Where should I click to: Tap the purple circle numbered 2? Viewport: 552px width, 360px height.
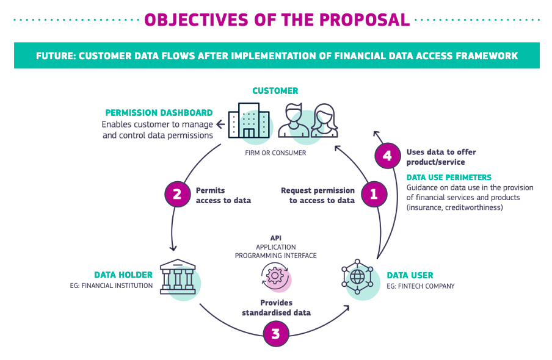pyautogui.click(x=176, y=194)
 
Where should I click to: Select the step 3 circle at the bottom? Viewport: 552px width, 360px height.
pyautogui.click(x=275, y=334)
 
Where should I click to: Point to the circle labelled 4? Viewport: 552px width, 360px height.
pyautogui.click(x=387, y=156)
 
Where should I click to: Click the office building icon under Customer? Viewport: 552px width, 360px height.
pyautogui.click(x=249, y=120)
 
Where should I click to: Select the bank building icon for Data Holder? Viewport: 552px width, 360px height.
pyautogui.click(x=178, y=278)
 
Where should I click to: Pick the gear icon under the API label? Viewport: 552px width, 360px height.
pyautogui.click(x=275, y=276)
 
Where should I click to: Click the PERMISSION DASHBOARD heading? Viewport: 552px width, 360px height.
pyautogui.click(x=159, y=113)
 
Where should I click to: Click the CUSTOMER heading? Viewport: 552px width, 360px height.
pyautogui.click(x=275, y=91)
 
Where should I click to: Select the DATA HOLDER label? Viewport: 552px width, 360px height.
pyautogui.click(x=123, y=275)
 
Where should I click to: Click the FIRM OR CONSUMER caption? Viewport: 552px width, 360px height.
pyautogui.click(x=275, y=153)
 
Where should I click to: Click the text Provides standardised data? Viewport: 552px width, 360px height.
pyautogui.click(x=276, y=308)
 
